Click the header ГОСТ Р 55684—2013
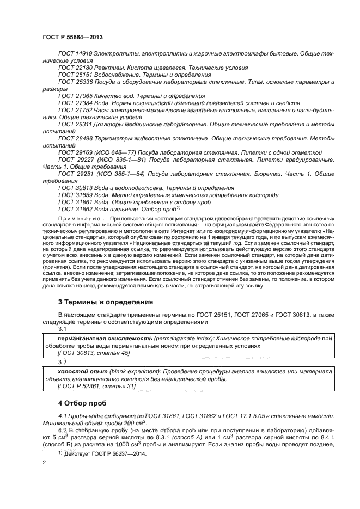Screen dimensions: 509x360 (72, 37)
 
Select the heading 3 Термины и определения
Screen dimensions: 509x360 (106, 302)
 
